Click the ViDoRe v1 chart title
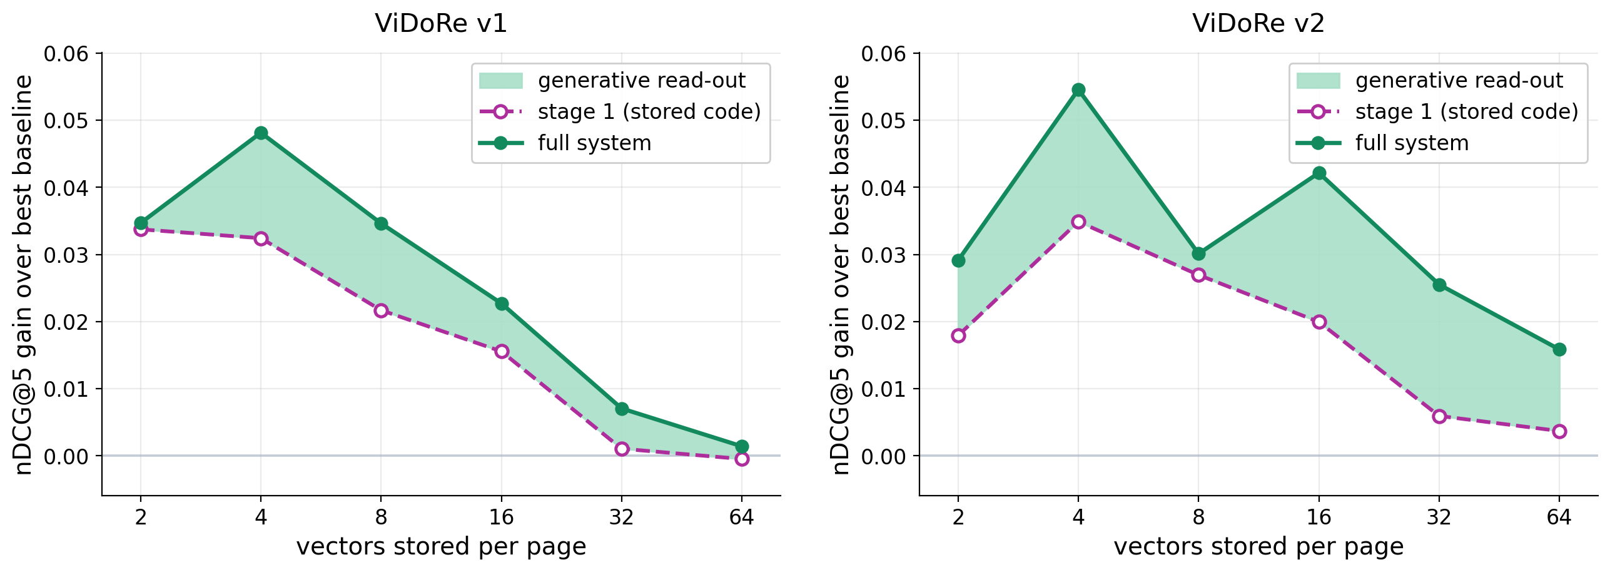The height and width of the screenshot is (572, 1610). [x=441, y=24]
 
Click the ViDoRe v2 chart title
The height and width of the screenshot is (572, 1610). [x=1258, y=24]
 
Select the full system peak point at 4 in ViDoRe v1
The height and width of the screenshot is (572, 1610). [x=261, y=133]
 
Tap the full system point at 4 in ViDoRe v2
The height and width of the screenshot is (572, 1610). [x=1078, y=89]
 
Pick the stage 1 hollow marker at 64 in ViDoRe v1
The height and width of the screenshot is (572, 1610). [x=742, y=459]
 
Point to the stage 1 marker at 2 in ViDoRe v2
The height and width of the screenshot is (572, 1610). [x=958, y=335]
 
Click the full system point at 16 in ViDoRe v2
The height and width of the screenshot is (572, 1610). [x=1319, y=173]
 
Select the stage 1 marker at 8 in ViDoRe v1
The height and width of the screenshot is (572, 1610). [x=381, y=310]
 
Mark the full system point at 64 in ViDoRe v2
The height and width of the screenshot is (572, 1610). [x=1559, y=349]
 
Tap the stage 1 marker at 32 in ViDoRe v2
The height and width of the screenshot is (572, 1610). [x=1439, y=416]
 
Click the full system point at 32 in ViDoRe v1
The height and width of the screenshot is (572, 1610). [x=622, y=409]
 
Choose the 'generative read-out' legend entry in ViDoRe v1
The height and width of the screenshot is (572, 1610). [x=612, y=81]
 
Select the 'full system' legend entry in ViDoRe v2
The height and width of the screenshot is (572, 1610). [x=1383, y=143]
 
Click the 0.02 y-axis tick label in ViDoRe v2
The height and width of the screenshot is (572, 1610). [x=884, y=322]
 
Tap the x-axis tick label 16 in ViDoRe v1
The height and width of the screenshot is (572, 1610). [x=502, y=517]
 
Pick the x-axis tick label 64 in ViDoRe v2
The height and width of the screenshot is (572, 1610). [x=1559, y=517]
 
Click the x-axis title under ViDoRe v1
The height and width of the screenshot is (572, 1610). [x=441, y=547]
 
